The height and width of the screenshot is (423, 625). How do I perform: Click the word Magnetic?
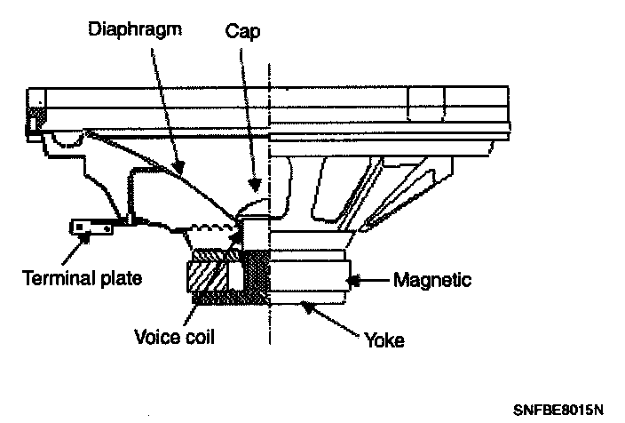431,281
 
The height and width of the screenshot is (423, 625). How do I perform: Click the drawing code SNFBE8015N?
558,410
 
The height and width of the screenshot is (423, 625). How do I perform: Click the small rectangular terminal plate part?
91,228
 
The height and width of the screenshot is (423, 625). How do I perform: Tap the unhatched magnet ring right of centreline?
306,275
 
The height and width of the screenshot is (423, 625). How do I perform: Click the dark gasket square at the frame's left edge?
38,117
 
